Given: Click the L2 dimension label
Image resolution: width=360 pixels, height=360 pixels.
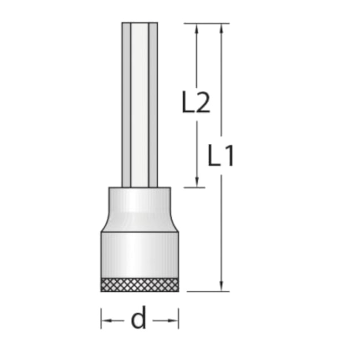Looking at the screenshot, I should point(196,102).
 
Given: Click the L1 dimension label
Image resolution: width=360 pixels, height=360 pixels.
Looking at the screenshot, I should point(221,156).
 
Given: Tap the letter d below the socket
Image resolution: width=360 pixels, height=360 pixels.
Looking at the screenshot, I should point(138,320).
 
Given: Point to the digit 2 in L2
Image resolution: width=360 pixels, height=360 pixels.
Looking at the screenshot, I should point(203,102).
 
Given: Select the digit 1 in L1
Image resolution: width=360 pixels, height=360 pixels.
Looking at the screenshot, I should point(228,156).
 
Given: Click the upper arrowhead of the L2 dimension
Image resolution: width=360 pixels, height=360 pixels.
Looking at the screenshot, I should point(196,28).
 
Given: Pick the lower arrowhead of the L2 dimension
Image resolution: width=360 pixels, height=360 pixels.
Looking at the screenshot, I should point(196,183).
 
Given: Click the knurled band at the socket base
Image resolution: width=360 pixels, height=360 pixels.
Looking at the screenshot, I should point(140,285).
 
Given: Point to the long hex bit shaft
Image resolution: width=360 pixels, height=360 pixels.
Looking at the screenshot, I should point(140,105).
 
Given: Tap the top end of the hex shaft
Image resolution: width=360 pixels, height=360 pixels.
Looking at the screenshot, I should point(140,24).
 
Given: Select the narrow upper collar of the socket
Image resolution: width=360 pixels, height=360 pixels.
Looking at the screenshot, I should point(140,202).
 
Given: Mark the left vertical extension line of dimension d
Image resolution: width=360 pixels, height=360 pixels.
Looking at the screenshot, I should point(101,318).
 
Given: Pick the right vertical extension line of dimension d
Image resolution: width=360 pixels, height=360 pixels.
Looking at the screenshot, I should point(178,318).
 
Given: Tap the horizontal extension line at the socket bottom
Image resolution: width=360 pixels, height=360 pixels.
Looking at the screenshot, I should point(205,291).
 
